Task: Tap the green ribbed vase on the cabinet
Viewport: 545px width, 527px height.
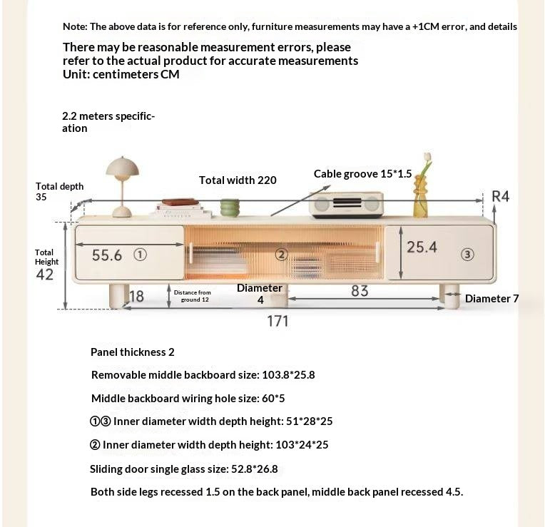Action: (229, 208)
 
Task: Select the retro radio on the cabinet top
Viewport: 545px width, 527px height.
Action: (347, 205)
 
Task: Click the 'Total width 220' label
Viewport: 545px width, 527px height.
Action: (238, 180)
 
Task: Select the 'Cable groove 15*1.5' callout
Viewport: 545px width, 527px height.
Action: (362, 174)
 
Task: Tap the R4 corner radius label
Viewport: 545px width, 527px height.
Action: (501, 196)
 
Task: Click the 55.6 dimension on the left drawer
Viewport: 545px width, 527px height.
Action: (107, 255)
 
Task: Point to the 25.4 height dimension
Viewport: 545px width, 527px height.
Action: (422, 247)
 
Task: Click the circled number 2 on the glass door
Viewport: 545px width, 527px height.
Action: (281, 255)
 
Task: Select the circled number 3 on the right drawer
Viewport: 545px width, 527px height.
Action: (467, 254)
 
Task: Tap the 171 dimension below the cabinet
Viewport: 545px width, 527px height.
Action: (277, 321)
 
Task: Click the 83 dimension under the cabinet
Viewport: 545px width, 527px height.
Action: (360, 291)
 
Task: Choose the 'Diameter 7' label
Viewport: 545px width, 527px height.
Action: (491, 299)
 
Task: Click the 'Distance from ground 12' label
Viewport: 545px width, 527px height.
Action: (192, 296)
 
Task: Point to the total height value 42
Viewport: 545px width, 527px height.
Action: (44, 275)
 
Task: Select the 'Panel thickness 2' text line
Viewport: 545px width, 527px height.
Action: (132, 352)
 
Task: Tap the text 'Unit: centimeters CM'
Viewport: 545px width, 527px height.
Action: (121, 74)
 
